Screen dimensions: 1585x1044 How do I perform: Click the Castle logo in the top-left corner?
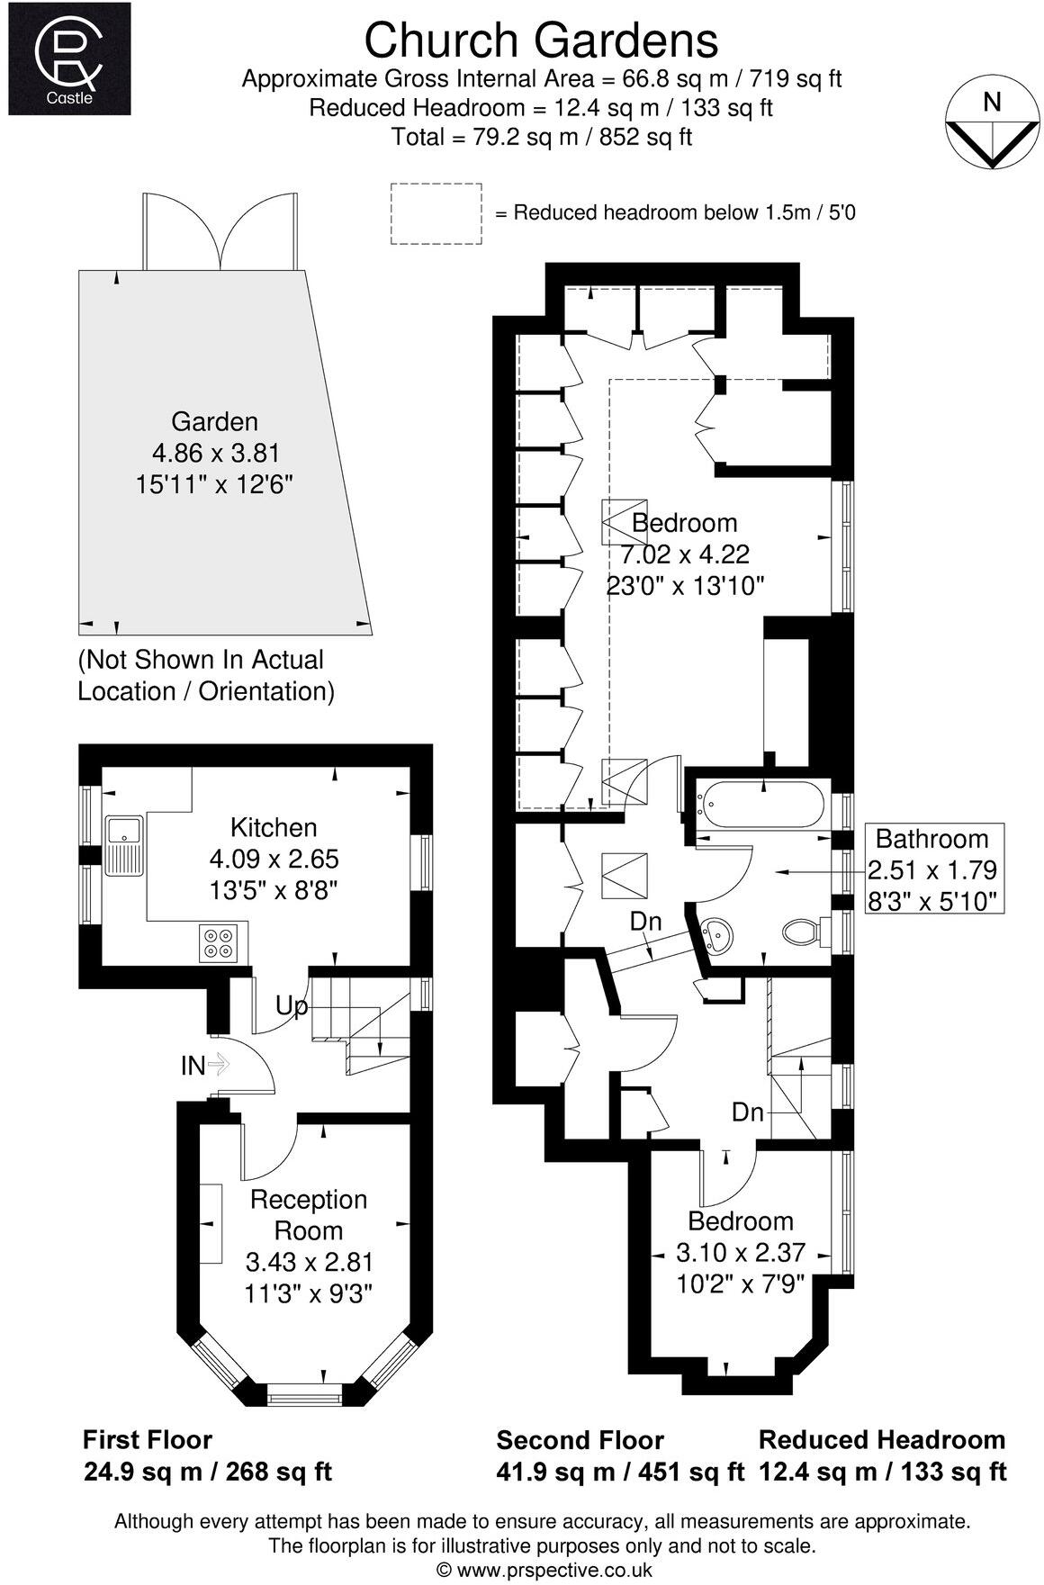click(x=69, y=58)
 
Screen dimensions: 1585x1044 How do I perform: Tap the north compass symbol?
click(x=991, y=125)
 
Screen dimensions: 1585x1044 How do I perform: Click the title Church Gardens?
click(x=541, y=41)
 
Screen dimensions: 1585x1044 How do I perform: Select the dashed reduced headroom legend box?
click(x=436, y=213)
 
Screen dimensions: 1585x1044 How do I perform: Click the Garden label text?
click(x=214, y=421)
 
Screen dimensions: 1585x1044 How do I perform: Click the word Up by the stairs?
click(x=291, y=1005)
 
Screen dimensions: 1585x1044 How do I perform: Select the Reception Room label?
click(x=309, y=1214)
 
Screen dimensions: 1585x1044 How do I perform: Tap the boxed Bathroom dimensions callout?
click(x=931, y=869)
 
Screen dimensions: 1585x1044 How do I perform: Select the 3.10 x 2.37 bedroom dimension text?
click(x=740, y=1252)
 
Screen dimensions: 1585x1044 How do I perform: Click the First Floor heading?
click(x=148, y=1439)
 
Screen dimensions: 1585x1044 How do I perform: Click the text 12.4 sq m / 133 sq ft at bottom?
click(x=882, y=1472)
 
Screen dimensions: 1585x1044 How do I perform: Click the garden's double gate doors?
click(x=220, y=232)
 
